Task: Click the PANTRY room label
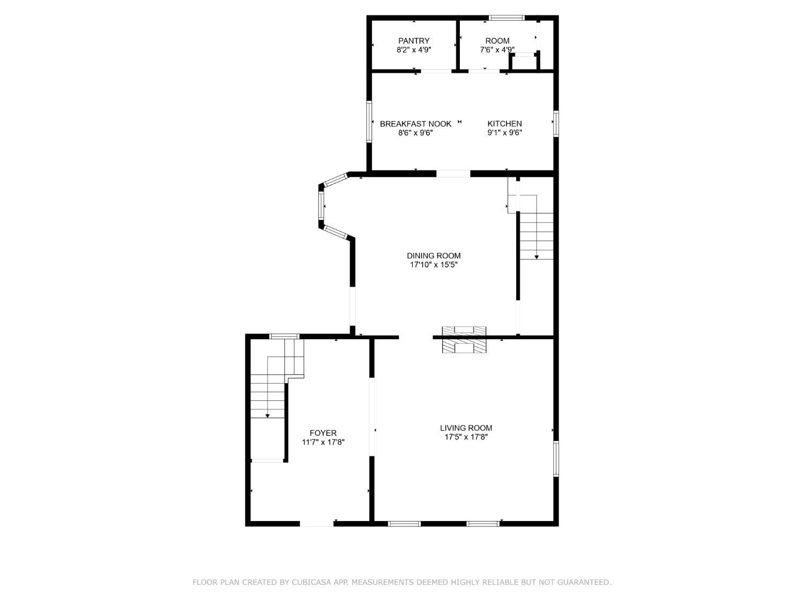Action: tap(414, 41)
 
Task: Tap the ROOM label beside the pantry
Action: tap(497, 41)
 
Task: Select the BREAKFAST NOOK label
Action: tap(415, 124)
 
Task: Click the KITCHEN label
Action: tap(504, 124)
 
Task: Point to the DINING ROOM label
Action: tap(434, 256)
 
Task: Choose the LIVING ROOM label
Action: tap(466, 428)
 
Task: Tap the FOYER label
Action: tap(323, 433)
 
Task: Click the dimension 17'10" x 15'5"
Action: tap(434, 264)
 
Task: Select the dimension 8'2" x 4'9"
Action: tap(414, 49)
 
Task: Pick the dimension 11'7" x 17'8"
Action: tap(323, 442)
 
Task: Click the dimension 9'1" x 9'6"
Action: tap(504, 132)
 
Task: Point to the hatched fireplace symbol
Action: tap(464, 339)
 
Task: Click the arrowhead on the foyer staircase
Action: tap(267, 416)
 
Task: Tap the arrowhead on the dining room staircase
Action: tap(536, 257)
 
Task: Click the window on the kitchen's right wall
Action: tap(556, 124)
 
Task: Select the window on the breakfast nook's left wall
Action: tap(369, 122)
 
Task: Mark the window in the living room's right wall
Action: tap(556, 458)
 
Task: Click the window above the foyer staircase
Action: tap(284, 337)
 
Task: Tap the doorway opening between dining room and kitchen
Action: tap(453, 174)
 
